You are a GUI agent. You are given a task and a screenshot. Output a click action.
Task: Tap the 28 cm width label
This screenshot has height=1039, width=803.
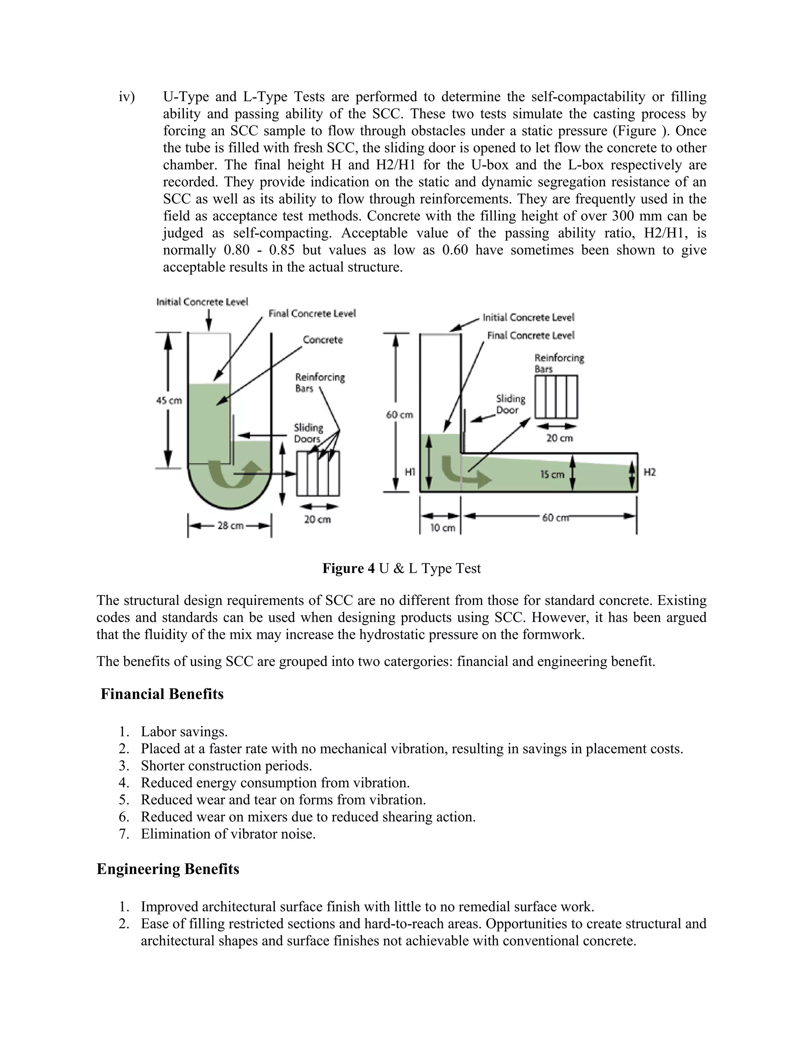point(230,526)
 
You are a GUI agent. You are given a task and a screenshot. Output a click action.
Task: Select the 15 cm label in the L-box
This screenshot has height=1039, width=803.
point(552,474)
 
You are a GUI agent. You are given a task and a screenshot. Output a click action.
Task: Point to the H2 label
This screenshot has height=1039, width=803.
point(649,472)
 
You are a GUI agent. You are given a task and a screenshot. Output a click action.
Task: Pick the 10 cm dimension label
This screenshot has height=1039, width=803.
point(442,528)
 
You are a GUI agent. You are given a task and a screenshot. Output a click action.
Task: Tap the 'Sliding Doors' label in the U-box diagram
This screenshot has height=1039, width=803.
point(308,433)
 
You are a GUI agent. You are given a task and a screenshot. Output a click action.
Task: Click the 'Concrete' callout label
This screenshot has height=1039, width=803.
point(323,340)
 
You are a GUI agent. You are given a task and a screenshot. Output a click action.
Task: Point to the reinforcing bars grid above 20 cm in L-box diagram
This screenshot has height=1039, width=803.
point(556,397)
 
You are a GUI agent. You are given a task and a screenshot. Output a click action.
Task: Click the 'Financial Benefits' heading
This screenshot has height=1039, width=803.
point(162,694)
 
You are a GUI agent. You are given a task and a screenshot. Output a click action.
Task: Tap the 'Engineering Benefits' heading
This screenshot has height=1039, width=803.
point(168,869)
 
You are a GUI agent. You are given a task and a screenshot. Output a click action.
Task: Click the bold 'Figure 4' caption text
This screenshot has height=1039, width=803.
point(348,569)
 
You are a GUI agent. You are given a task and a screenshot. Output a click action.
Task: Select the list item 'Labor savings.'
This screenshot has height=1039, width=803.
point(184,732)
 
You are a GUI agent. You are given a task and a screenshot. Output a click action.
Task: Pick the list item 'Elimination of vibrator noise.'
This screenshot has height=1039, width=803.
point(228,834)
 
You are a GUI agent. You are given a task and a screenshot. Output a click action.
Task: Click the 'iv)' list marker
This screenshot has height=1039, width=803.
point(127,97)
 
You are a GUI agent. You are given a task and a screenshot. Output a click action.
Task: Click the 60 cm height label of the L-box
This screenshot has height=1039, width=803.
point(399,415)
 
